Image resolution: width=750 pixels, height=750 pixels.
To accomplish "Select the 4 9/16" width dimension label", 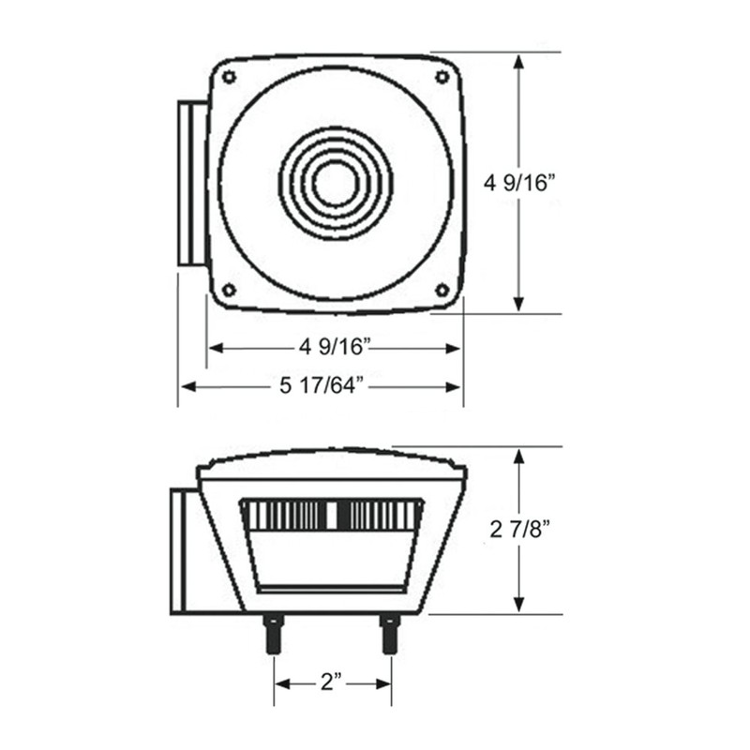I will click(336, 348).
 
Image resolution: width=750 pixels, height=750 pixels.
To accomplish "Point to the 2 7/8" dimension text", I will click(520, 531).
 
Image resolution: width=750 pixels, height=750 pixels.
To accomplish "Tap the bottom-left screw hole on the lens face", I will click(228, 290).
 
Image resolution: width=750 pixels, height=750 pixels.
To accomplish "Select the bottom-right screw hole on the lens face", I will click(442, 290).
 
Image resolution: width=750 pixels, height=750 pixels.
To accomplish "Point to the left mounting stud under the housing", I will click(275, 634).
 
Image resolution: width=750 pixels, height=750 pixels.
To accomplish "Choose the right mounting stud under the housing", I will click(389, 634).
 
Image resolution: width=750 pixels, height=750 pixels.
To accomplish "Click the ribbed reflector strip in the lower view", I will click(334, 514).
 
